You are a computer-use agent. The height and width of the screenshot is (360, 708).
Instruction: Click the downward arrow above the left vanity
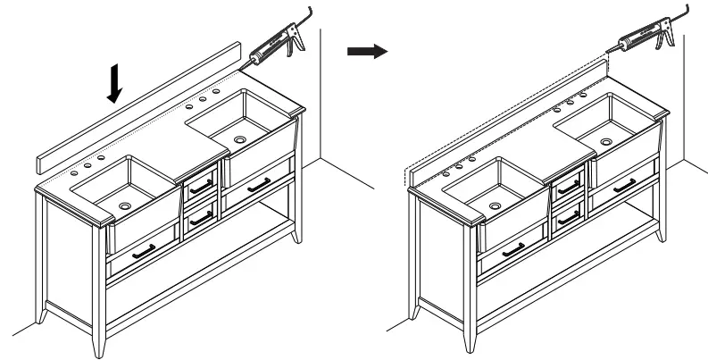114,84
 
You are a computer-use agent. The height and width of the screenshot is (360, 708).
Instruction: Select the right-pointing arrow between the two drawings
366,52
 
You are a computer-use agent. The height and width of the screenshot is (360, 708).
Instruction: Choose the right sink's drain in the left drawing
239,139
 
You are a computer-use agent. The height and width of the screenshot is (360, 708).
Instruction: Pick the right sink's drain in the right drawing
606,140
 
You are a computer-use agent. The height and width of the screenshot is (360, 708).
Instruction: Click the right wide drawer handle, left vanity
259,185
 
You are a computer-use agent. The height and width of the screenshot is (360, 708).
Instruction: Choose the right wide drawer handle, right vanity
625,185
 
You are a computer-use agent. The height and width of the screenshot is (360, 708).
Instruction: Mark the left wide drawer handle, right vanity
512,251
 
